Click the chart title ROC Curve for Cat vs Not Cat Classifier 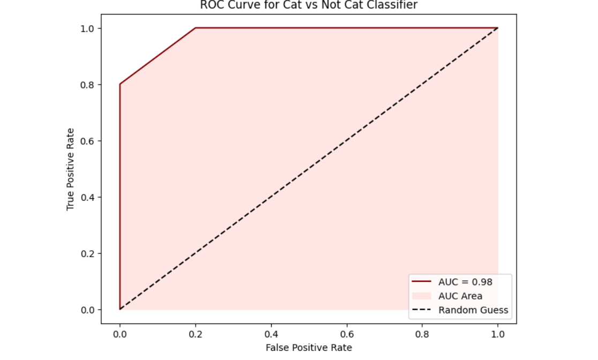(x=308, y=5)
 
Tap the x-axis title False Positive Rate (x=309, y=348)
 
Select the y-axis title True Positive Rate (x=70, y=169)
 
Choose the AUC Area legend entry (x=460, y=296)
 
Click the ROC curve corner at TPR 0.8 (x=120, y=84)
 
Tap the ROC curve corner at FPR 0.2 (x=196, y=28)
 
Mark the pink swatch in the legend (x=422, y=296)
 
